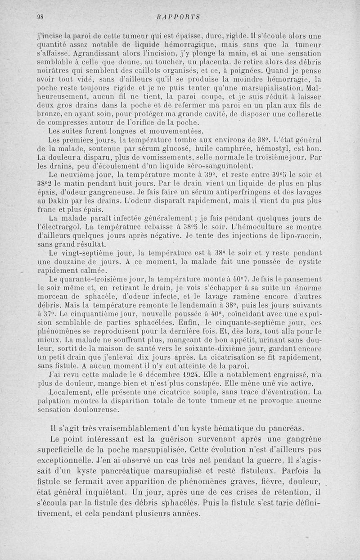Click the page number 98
pos(40,18)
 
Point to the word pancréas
pos(285,428)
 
